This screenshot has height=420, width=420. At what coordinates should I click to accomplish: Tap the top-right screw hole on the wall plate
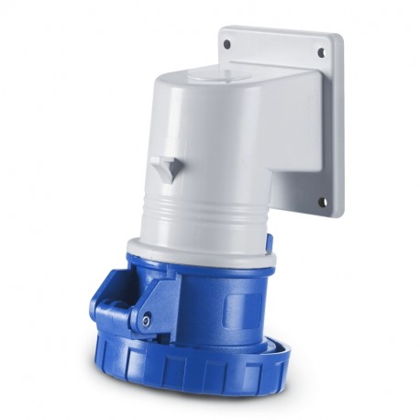321,53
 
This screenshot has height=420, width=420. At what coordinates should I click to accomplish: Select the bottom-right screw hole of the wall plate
322,203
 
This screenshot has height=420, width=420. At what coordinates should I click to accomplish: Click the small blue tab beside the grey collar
269,242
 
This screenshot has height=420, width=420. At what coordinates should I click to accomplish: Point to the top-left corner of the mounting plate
223,30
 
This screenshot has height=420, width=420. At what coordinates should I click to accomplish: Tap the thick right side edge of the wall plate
338,128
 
